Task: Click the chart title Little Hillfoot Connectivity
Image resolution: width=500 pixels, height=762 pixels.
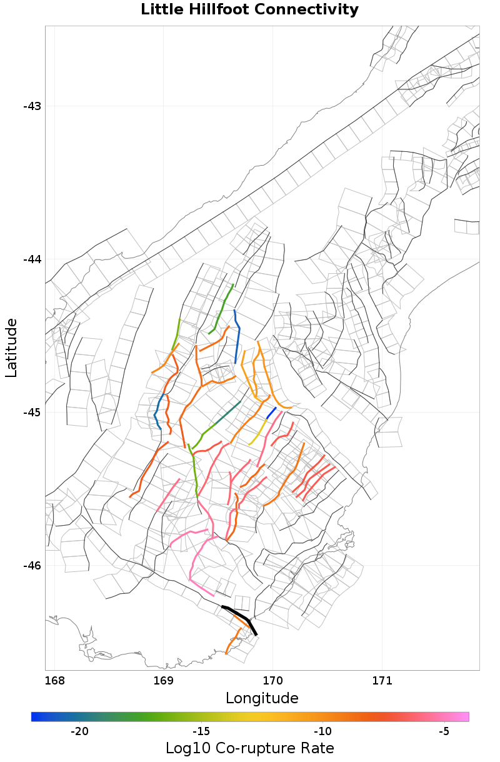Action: pyautogui.click(x=249, y=10)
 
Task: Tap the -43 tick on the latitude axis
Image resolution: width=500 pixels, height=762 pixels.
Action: pyautogui.click(x=32, y=106)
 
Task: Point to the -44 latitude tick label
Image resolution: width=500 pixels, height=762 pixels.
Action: pyautogui.click(x=32, y=259)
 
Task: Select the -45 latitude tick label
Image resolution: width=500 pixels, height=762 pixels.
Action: pyautogui.click(x=32, y=413)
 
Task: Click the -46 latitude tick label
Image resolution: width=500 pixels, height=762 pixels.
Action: pyautogui.click(x=32, y=566)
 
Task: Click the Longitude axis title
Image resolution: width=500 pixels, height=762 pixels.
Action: pyautogui.click(x=262, y=698)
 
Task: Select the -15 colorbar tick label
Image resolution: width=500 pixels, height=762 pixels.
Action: pyautogui.click(x=201, y=731)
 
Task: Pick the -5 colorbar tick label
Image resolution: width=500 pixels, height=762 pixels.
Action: pyautogui.click(x=444, y=731)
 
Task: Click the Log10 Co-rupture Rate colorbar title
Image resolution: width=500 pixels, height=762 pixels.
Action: pyautogui.click(x=249, y=748)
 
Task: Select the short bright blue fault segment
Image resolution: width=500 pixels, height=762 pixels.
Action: pyautogui.click(x=271, y=413)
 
